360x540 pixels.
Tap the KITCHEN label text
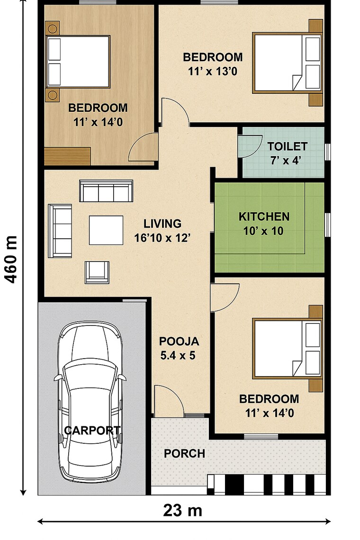pos(264,217)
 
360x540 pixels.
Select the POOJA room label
pos(179,341)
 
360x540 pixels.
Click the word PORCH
pos(184,453)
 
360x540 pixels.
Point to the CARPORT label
pos(92,431)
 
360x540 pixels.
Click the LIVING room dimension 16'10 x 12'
pos(162,238)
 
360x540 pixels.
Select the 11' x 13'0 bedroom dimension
pos(213,72)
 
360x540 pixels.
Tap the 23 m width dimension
pos(183,510)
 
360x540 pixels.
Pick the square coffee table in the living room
pos(106,230)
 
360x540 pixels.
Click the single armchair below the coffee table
pos(97,271)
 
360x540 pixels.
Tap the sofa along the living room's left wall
pos(61,231)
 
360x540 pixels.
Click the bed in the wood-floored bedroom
pos(78,61)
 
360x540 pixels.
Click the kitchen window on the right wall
pos(327,224)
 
